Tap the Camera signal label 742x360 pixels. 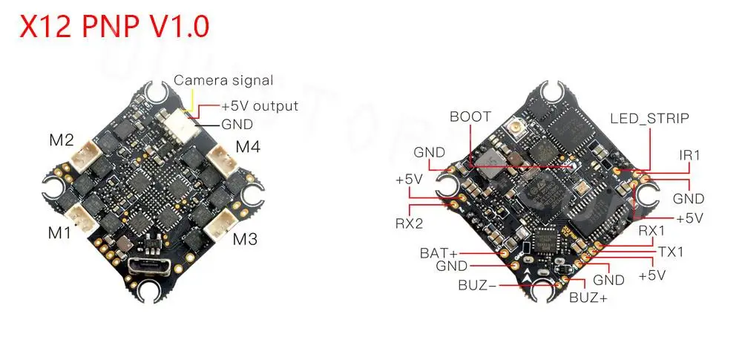click(223, 80)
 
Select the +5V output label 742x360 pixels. click(259, 106)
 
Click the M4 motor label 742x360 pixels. click(248, 147)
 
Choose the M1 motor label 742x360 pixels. click(59, 232)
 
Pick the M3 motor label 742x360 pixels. click(246, 239)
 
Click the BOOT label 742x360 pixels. click(470, 117)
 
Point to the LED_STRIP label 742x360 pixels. click(649, 118)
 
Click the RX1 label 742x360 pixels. click(652, 231)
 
